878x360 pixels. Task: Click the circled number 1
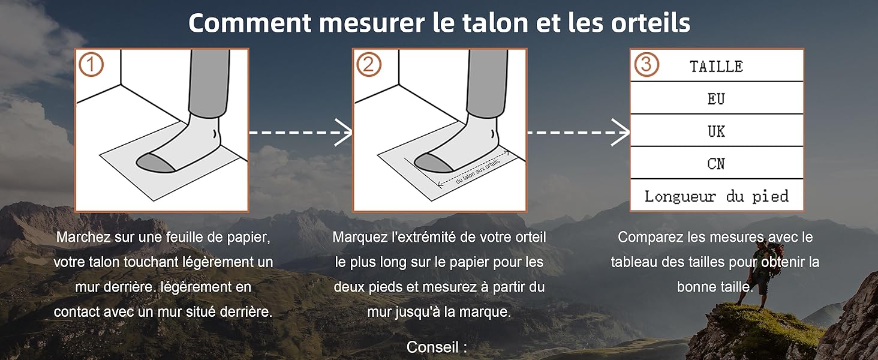coord(91,64)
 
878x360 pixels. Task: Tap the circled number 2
coord(368,64)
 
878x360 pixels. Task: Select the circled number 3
coord(647,64)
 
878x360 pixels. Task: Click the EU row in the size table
coord(717,98)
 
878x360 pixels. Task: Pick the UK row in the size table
coord(717,131)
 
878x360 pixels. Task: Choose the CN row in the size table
coord(717,163)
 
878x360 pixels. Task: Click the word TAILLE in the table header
coord(716,67)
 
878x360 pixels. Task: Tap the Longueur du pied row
coord(717,195)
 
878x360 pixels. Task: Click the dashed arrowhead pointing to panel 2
coord(344,133)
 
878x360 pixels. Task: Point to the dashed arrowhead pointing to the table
coord(621,133)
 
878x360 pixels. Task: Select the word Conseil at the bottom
coord(432,347)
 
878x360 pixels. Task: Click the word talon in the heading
coord(495,23)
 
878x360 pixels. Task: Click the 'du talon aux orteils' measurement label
coord(478,172)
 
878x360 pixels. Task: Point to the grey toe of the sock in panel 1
coord(155,163)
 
